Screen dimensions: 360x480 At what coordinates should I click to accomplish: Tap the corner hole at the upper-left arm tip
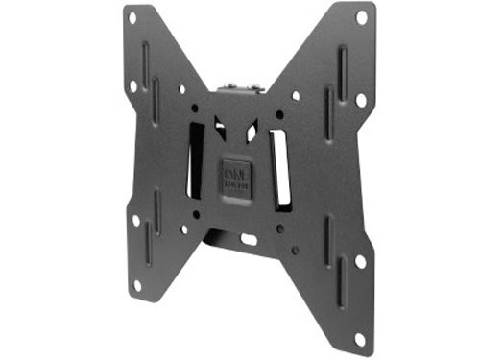coord(131,17)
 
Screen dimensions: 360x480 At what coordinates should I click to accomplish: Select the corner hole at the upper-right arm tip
coord(361,17)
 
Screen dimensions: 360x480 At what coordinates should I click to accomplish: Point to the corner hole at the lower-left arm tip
coord(136,284)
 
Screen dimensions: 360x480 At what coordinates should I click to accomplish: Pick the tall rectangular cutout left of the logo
coord(196,159)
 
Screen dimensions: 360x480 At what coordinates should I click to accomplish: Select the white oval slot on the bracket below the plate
coord(248,238)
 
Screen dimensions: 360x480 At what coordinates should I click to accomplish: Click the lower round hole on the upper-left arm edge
coord(133,85)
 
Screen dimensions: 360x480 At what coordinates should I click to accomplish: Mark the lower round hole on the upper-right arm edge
coord(361,98)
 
